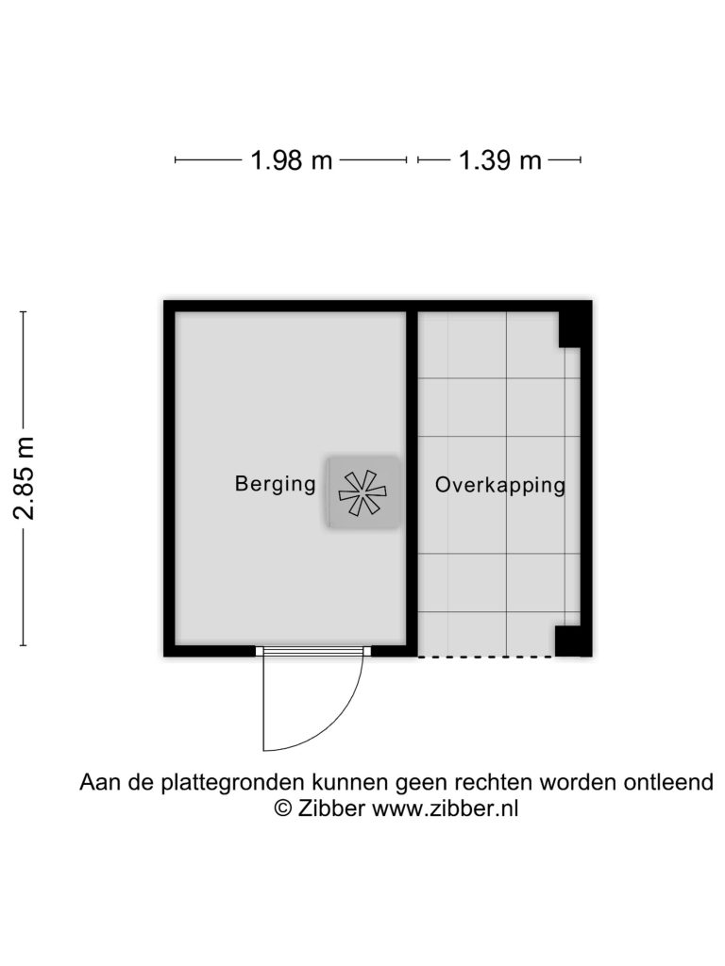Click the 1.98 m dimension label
tap(291, 160)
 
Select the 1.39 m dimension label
tap(500, 160)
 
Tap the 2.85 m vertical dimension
tap(24, 478)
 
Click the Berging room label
tap(275, 484)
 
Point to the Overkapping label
tap(500, 485)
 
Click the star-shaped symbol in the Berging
tap(362, 492)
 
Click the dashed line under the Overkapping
tap(486, 657)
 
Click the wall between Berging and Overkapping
tap(412, 478)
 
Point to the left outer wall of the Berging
tap(170, 478)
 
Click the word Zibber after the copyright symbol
tap(331, 808)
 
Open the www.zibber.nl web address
tap(445, 808)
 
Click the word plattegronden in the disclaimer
tap(234, 782)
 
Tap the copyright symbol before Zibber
tap(283, 808)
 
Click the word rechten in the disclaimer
tap(493, 782)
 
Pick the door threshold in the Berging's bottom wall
tap(313, 651)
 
